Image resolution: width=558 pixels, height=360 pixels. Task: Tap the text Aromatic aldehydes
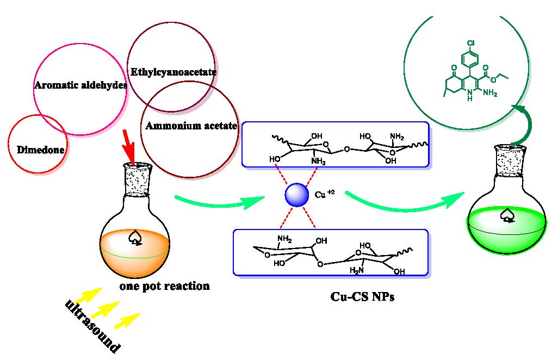(80, 85)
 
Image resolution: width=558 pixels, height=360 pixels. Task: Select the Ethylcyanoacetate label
(174, 72)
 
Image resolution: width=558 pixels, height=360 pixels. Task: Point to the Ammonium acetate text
(191, 126)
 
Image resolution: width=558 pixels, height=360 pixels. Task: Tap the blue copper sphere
(297, 195)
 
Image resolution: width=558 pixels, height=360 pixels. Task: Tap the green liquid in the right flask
(506, 231)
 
